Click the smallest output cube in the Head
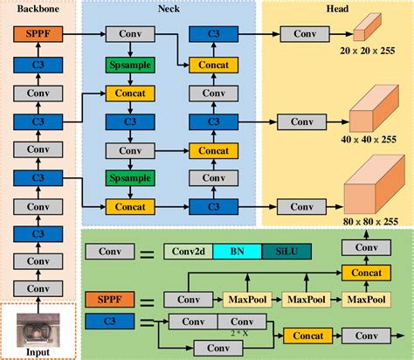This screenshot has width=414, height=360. (x=363, y=32)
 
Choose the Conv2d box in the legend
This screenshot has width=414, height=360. (x=188, y=253)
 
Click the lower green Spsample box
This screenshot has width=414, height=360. (x=130, y=178)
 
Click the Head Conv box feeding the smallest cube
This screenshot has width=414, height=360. (x=305, y=36)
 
